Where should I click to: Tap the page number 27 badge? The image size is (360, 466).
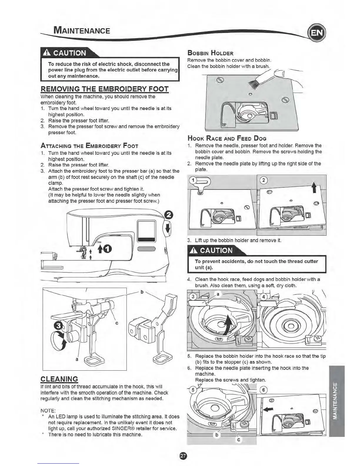click(182, 456)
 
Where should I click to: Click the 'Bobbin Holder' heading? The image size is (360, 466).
click(210, 53)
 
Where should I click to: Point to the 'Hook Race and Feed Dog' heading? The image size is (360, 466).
click(227, 138)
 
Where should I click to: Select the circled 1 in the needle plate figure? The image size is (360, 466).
click(193, 180)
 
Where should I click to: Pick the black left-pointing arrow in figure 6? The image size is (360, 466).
click(269, 409)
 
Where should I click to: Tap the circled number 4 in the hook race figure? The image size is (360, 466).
click(264, 297)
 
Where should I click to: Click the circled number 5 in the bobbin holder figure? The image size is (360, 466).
click(193, 390)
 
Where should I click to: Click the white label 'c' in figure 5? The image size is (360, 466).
click(239, 440)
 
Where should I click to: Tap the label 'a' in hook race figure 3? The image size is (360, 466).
click(218, 294)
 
